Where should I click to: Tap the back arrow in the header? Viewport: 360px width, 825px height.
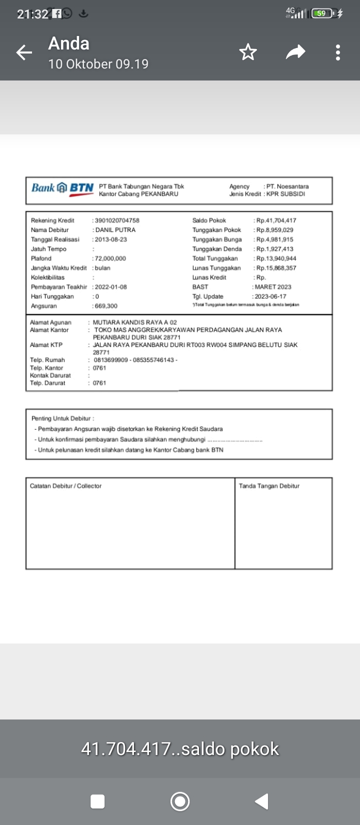(24, 52)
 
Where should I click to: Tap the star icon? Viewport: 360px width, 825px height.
(248, 52)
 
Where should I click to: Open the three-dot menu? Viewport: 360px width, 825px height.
(338, 52)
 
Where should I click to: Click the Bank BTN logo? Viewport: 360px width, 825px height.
(62, 188)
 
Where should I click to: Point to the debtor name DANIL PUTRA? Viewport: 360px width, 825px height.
(115, 230)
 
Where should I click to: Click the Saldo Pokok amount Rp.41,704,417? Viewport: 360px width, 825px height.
(276, 220)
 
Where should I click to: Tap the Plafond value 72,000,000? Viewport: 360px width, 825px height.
(110, 258)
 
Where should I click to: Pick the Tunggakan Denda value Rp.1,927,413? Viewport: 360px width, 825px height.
(275, 249)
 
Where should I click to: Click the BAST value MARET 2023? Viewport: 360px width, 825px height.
(272, 287)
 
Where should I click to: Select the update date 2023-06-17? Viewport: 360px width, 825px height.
(270, 296)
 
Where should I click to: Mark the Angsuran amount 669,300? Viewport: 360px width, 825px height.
(106, 306)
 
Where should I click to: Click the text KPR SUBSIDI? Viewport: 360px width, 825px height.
(285, 194)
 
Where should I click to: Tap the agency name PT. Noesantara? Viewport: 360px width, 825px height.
(287, 186)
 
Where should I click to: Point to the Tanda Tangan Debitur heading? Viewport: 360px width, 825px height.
(269, 486)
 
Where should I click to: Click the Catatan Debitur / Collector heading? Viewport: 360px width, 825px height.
(65, 486)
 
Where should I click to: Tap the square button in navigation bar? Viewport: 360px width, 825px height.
(97, 801)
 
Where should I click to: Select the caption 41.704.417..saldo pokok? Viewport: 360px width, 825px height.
(180, 749)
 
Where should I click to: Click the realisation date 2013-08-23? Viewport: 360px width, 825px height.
(110, 239)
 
